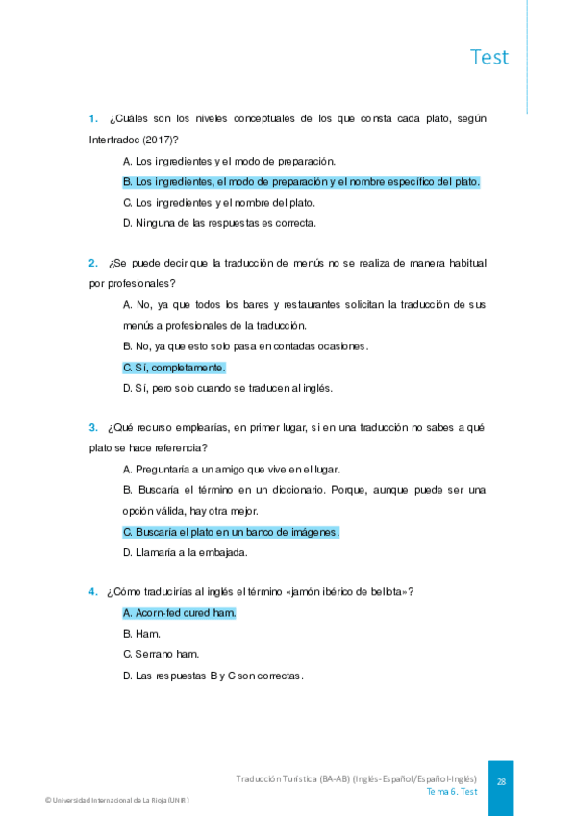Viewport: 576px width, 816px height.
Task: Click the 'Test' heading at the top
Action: pos(489,57)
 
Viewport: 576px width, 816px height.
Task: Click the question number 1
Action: pos(93,119)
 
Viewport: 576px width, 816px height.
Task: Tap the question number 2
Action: pos(93,263)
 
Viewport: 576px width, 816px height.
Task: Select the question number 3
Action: pos(93,427)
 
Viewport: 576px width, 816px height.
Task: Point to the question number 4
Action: pos(93,591)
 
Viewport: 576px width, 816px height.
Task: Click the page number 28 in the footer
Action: pos(501,782)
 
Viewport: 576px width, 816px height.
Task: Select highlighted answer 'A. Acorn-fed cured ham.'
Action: pos(179,613)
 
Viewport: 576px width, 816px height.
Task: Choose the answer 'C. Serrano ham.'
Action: pos(161,654)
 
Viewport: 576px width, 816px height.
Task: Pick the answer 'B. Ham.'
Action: pos(141,634)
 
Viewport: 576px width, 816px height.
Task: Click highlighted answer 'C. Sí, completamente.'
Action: pos(174,368)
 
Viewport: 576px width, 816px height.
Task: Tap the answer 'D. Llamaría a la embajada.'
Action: pos(186,552)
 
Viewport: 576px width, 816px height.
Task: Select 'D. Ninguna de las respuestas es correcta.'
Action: pos(219,223)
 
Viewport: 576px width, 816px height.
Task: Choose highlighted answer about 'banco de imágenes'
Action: pos(231,532)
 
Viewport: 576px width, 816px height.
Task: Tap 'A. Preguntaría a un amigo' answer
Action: pos(231,469)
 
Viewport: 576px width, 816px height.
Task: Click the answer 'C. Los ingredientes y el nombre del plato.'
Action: pos(219,202)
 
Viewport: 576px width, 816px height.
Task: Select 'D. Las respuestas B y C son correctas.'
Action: pos(213,676)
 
